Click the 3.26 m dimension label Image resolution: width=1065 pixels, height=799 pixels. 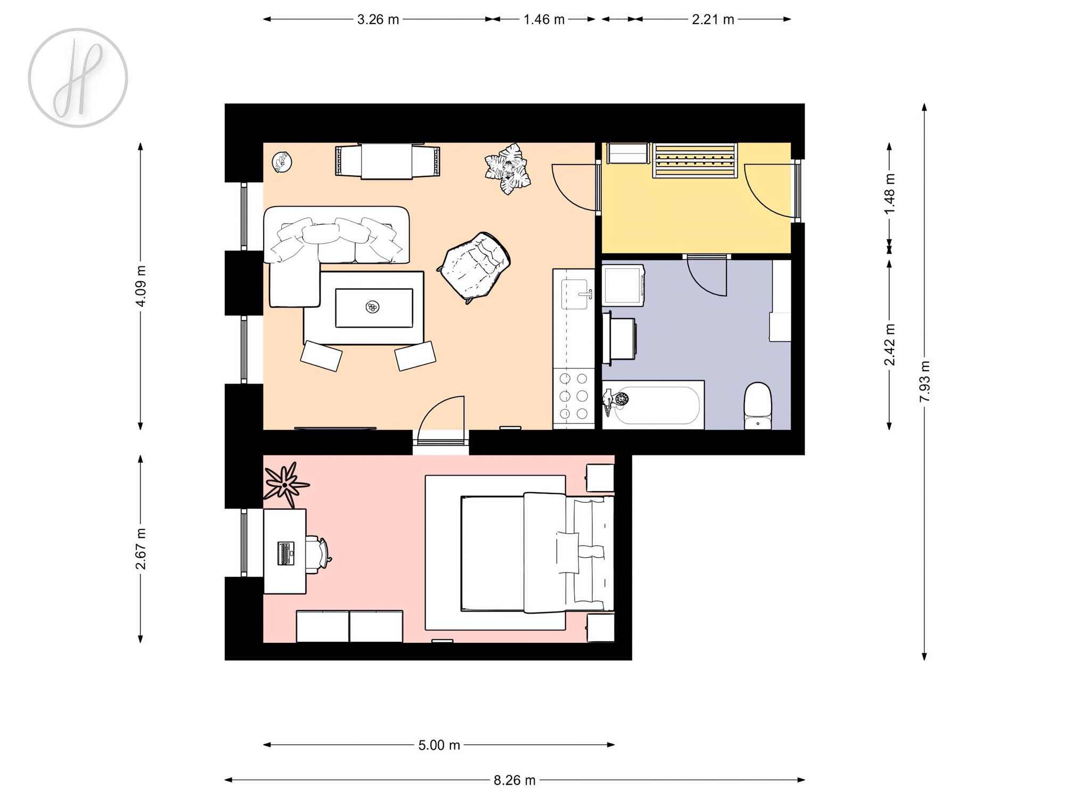pos(378,20)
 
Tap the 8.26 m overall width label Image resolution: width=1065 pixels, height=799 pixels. pos(514,780)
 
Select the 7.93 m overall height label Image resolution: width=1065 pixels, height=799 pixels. pos(925,382)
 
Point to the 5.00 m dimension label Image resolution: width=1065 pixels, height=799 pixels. pos(439,745)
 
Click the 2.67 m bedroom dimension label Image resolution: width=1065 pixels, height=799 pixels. pos(141,549)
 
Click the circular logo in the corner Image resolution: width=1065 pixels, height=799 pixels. pos(78,78)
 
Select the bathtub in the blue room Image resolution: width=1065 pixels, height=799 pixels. pos(653,405)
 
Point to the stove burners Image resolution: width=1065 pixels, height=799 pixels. pos(574,396)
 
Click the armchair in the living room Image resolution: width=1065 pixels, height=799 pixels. pos(474,266)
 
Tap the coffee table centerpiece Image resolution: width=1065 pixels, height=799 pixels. pos(373,307)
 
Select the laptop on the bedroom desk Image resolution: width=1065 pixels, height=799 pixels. pos(286,553)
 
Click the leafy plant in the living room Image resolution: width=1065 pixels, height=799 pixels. pos(508,168)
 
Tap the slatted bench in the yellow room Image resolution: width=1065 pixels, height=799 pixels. pos(695,160)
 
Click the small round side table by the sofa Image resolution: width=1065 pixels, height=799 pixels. pos(282,162)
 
